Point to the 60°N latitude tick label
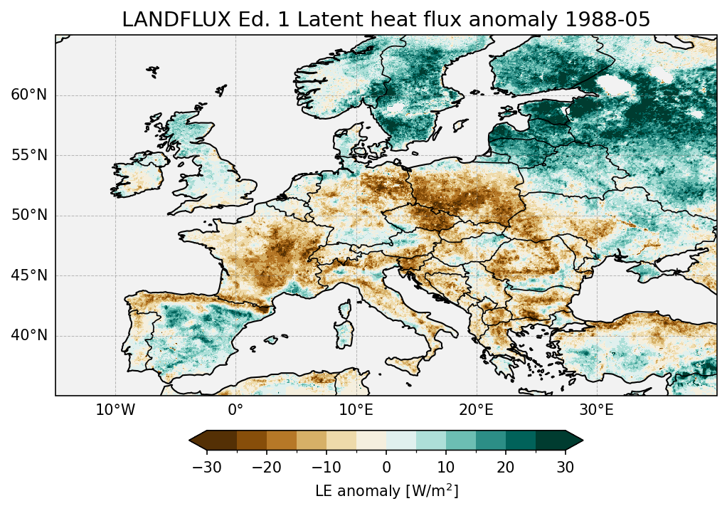(29, 95)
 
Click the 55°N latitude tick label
(29, 155)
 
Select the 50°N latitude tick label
(29, 216)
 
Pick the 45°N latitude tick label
(29, 275)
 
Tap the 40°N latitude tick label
(29, 335)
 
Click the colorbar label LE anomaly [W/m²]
(386, 491)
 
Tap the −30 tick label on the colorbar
(206, 468)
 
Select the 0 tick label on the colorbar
(386, 468)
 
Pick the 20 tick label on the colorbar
(506, 468)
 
